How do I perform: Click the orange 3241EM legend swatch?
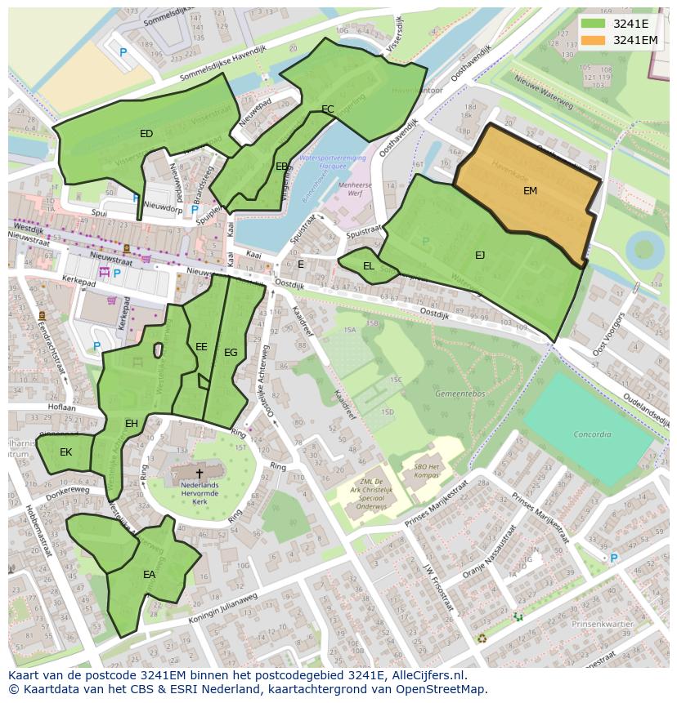click(x=594, y=40)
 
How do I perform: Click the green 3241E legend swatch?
click(x=594, y=24)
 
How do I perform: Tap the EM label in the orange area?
click(x=531, y=190)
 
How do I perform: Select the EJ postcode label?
click(x=480, y=255)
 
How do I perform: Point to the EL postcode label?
click(x=369, y=266)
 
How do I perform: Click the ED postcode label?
click(x=146, y=133)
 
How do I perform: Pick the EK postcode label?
click(x=65, y=452)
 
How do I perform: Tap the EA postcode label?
click(x=149, y=575)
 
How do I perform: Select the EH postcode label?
click(x=131, y=423)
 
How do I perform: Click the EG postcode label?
click(x=231, y=353)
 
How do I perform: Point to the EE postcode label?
click(x=201, y=347)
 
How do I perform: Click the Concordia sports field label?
click(x=592, y=434)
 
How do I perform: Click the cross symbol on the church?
click(x=199, y=473)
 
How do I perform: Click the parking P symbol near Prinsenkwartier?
click(x=613, y=558)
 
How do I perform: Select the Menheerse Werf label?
click(x=343, y=190)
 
